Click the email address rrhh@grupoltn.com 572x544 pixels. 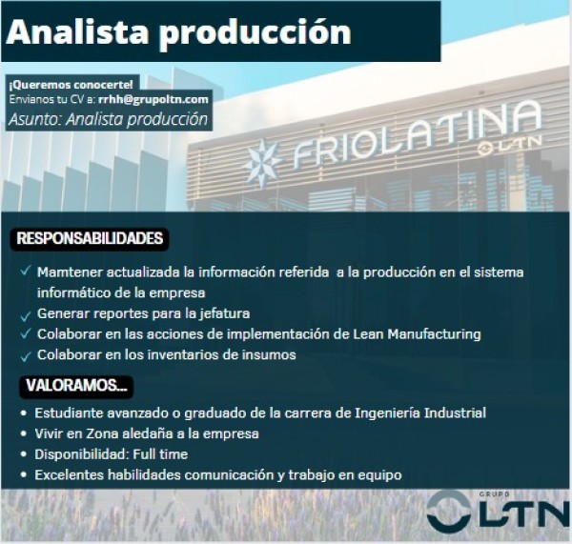point(153,99)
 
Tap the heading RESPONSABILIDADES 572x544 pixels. point(90,238)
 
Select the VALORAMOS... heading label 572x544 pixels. point(76,386)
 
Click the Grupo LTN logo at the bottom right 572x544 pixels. point(498,511)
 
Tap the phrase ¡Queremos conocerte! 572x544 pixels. point(71,85)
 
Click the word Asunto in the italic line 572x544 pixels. point(35,119)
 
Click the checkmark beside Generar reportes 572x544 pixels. point(25,316)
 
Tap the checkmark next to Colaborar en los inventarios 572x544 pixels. point(25,356)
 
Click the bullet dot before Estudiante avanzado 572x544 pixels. point(24,413)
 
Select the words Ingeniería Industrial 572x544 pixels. point(420,413)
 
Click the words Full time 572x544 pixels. point(160,454)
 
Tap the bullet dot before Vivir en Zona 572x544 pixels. point(24,433)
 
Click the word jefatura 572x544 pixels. point(224,313)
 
